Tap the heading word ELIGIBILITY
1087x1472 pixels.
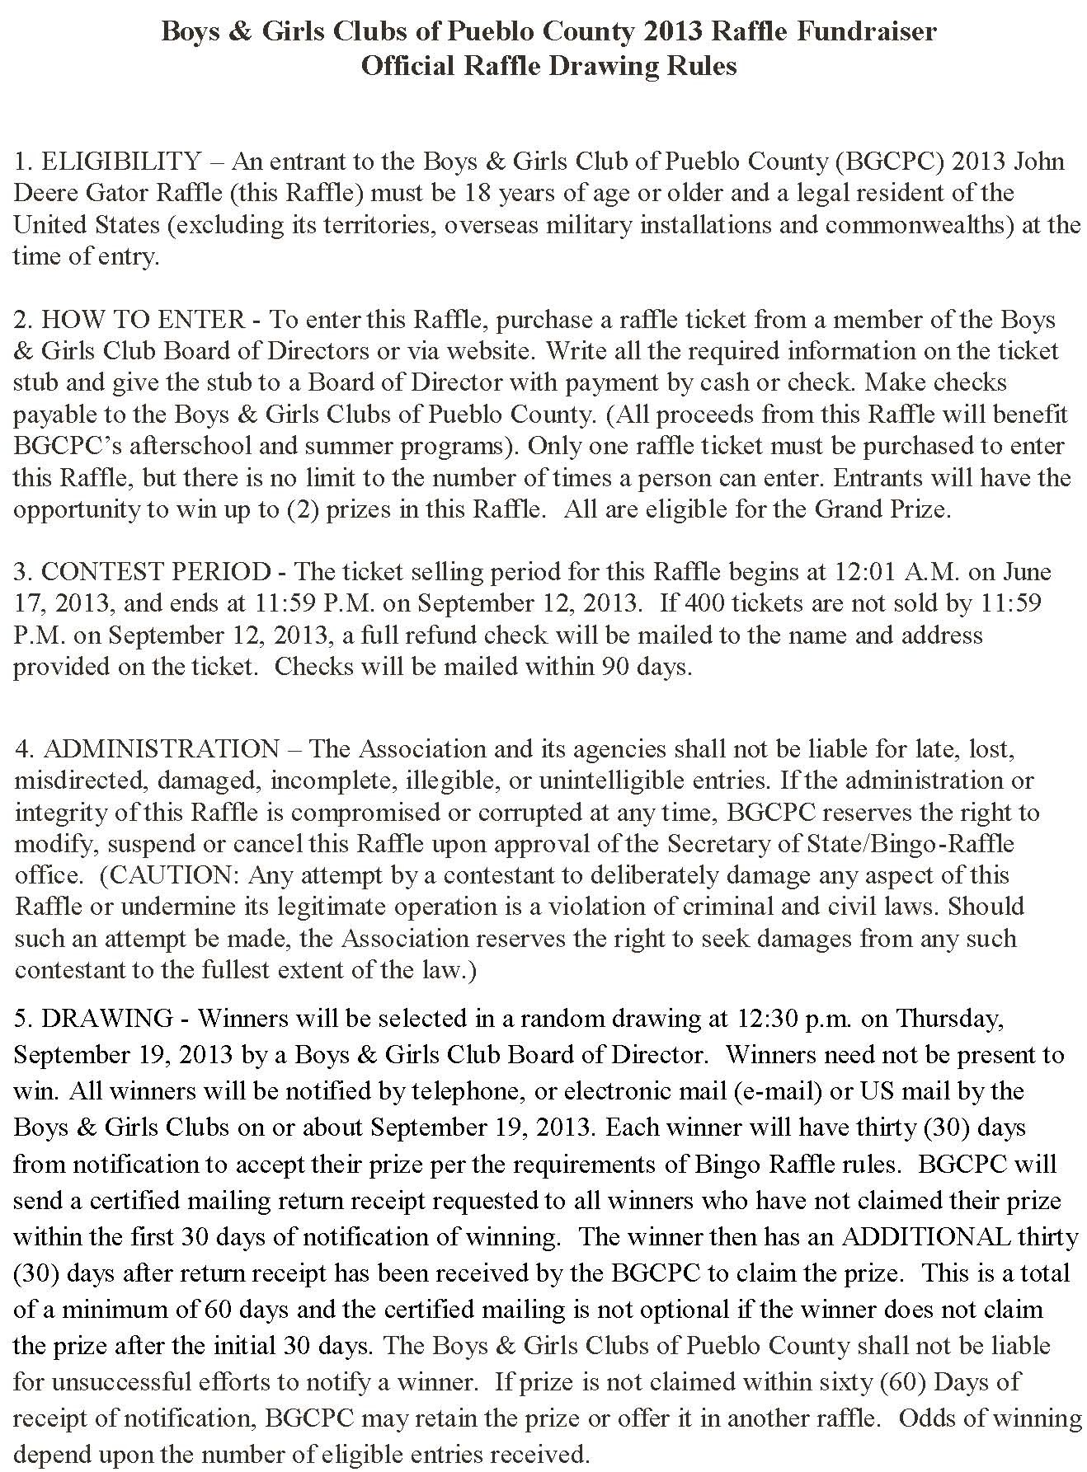tap(120, 161)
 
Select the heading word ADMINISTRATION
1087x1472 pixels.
tap(161, 749)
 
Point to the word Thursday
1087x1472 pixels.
tap(950, 1019)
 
